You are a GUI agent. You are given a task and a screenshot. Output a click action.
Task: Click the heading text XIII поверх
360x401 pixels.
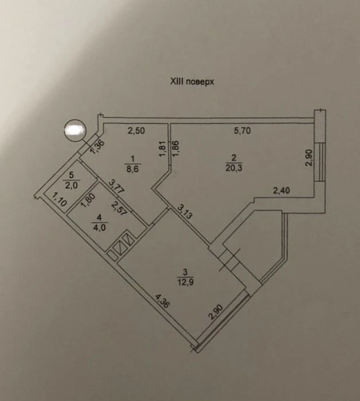(192, 82)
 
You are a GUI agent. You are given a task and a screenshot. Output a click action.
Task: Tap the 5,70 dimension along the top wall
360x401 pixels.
(242, 131)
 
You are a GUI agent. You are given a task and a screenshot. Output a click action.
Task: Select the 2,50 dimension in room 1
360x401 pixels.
(136, 131)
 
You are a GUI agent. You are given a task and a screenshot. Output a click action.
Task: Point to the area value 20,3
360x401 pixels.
(233, 168)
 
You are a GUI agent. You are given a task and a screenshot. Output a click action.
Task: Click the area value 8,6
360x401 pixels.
(132, 169)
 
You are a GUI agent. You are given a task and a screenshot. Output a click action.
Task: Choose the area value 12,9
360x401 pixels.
(186, 282)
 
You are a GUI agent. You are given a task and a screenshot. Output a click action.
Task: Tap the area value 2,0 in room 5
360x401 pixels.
(71, 185)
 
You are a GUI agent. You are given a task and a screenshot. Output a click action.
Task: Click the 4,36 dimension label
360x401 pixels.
(162, 302)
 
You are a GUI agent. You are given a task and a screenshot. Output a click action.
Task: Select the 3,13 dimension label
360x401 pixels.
(183, 211)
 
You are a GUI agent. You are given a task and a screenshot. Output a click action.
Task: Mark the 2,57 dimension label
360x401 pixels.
(119, 208)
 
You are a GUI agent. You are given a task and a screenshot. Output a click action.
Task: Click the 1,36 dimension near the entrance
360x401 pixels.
(97, 147)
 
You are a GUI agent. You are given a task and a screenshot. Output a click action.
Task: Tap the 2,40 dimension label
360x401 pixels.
(281, 190)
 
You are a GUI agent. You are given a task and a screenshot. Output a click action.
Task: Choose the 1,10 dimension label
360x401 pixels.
(59, 199)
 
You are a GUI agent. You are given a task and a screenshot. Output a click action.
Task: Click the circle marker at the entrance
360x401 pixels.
(75, 130)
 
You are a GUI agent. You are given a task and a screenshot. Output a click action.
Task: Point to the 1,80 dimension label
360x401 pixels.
(88, 200)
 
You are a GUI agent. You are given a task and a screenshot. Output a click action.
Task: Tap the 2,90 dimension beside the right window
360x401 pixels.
(309, 158)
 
